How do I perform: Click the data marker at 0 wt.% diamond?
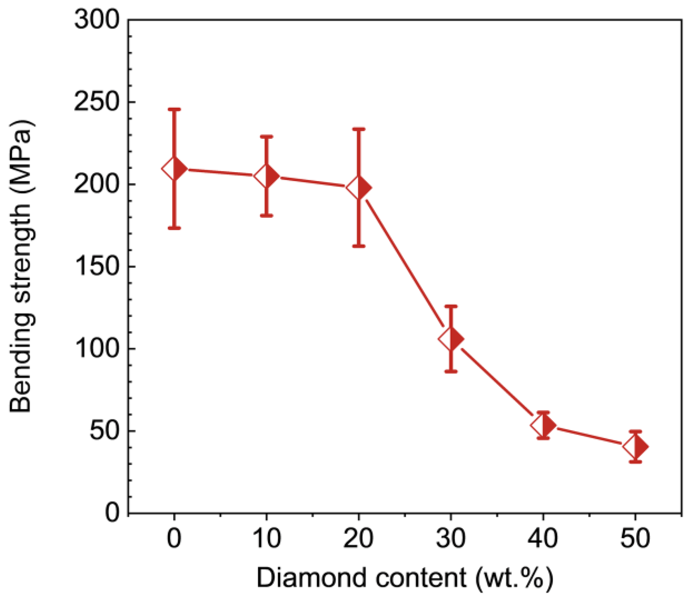coord(174,169)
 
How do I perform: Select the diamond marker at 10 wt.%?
coord(266,176)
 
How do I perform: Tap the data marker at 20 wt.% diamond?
coord(359,188)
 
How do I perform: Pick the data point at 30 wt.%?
coord(451,339)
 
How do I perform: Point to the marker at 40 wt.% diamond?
coord(543,425)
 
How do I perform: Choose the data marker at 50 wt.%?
coord(636,446)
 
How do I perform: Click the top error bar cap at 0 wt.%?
coord(174,109)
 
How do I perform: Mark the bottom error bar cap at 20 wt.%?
coord(359,246)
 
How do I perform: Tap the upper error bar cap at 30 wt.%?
coord(451,306)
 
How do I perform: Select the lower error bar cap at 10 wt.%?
coord(266,215)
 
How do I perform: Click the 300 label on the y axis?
coord(97,19)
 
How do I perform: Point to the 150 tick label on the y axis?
coord(97,266)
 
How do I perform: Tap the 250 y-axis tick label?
coord(97,102)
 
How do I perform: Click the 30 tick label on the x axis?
coord(451,539)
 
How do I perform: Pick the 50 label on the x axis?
coord(635,539)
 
